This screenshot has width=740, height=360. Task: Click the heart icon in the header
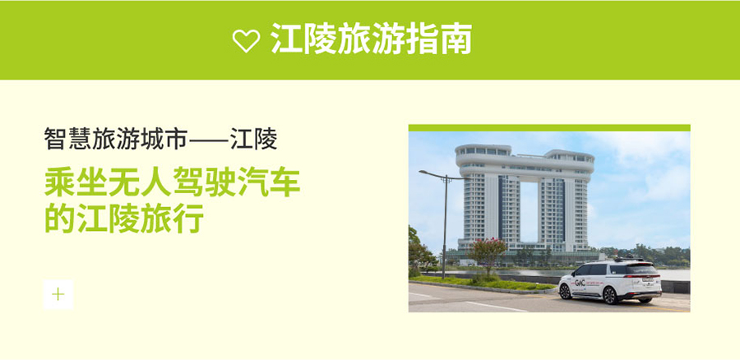click(x=246, y=40)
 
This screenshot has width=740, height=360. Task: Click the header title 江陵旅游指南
click(x=371, y=39)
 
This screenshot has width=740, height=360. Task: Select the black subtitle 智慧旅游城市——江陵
click(x=160, y=139)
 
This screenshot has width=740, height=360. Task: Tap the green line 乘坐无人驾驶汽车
click(x=173, y=182)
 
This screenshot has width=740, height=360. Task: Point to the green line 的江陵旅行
click(x=124, y=218)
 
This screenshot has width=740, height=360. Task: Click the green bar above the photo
click(x=549, y=127)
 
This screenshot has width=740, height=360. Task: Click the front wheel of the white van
click(x=565, y=292)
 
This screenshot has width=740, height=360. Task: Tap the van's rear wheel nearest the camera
click(x=610, y=296)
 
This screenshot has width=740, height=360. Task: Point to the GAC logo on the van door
click(x=580, y=283)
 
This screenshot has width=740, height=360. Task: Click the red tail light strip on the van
click(x=643, y=276)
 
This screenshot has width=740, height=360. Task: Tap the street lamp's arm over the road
click(x=432, y=173)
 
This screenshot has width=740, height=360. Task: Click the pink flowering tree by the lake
click(x=487, y=253)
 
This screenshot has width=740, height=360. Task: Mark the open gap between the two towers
click(x=530, y=212)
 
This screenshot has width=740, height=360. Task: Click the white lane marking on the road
click(x=496, y=307)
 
